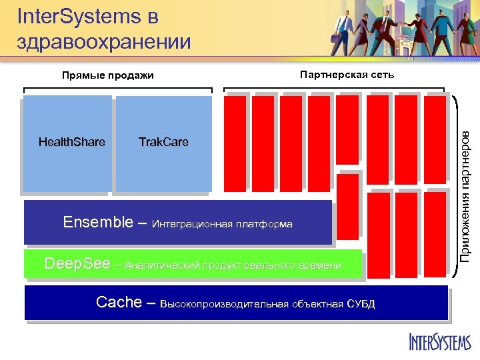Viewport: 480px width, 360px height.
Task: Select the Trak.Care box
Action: [x=163, y=143]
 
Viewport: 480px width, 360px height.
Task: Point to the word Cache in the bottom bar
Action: [x=119, y=303]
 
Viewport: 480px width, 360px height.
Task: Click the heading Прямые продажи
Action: [x=107, y=75]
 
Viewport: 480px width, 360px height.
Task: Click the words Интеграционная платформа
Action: [x=222, y=224]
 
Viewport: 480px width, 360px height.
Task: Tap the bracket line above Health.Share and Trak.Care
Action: [x=118, y=89]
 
